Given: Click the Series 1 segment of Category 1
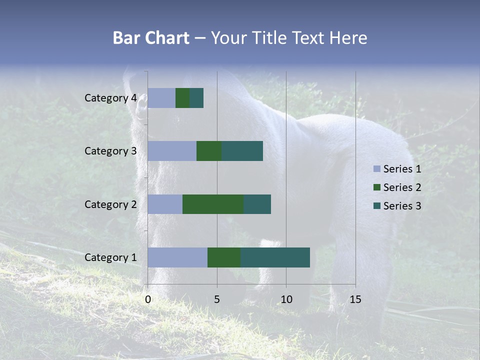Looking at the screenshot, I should click(x=177, y=257).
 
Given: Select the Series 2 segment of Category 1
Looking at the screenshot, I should click(x=224, y=257).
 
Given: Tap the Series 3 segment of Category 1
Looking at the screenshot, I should click(x=275, y=257).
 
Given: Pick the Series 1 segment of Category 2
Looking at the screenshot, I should click(x=165, y=204).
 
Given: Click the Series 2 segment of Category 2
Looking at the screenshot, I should click(x=213, y=204).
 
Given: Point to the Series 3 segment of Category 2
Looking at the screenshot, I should click(x=257, y=204).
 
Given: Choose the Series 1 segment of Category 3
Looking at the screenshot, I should click(x=172, y=151).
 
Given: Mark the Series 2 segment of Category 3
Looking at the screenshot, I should click(x=209, y=151).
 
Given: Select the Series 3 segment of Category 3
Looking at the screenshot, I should click(x=242, y=151).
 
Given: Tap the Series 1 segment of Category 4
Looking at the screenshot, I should click(x=161, y=98).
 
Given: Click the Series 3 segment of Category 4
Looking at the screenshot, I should click(x=196, y=98).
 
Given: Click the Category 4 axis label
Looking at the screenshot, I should click(x=110, y=98).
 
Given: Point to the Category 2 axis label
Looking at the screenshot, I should click(x=110, y=204).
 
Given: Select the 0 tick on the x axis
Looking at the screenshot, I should click(x=148, y=299).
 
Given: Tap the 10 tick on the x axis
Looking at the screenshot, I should click(x=286, y=299).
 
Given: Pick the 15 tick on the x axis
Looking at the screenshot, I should click(x=355, y=299).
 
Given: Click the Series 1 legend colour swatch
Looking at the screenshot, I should click(x=377, y=169).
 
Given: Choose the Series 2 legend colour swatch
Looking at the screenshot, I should click(x=377, y=187).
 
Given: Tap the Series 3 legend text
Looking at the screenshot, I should click(x=402, y=206).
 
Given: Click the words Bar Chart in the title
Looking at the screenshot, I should click(x=151, y=38).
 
